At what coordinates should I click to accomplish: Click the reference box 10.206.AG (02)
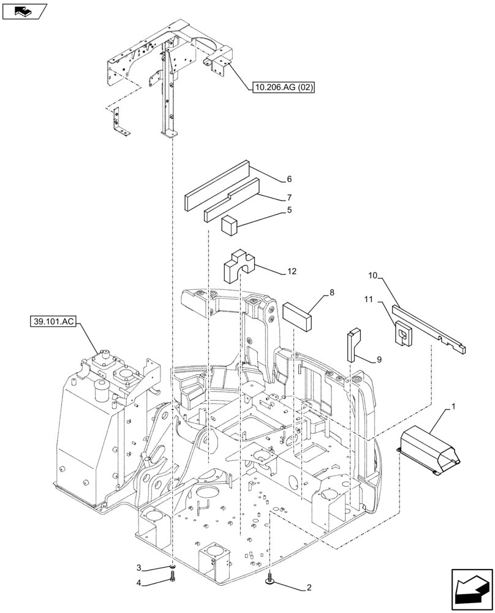[282, 88]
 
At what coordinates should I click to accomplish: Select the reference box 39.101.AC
[51, 321]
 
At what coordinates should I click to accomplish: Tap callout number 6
[289, 180]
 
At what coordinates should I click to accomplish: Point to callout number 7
[289, 198]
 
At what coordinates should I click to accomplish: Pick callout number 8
[331, 293]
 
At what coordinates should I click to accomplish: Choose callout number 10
[373, 276]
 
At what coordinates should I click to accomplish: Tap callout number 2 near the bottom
[309, 588]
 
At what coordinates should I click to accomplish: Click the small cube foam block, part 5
[229, 225]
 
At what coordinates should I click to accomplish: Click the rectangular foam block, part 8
[297, 314]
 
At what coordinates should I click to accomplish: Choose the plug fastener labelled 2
[270, 578]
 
